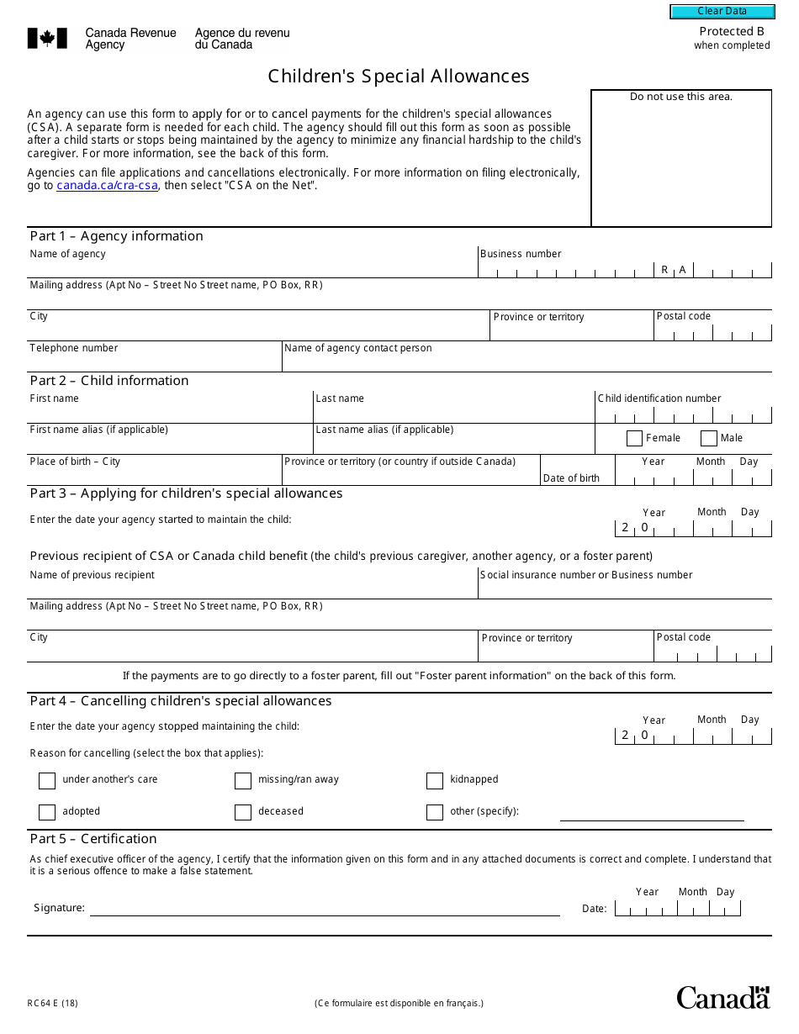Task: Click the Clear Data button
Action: [722, 12]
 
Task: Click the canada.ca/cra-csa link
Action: [107, 186]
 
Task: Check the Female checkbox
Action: [635, 438]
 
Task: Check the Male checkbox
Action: [709, 438]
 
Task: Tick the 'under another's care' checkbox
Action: [47, 781]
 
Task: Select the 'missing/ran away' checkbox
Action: [243, 781]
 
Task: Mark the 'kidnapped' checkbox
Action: [435, 781]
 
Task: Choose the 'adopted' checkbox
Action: [47, 812]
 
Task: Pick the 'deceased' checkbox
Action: [243, 812]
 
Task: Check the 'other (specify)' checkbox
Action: [435, 812]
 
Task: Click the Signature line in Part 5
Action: [324, 908]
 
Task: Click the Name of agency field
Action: [252, 267]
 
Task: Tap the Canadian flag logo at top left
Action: [47, 39]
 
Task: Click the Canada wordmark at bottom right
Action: [722, 997]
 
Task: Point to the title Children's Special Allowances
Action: [399, 76]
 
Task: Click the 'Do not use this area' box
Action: [681, 160]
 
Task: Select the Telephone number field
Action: [154, 361]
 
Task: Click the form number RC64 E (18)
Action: [53, 1003]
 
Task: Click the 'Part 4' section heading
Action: [181, 701]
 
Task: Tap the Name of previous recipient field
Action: [252, 588]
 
